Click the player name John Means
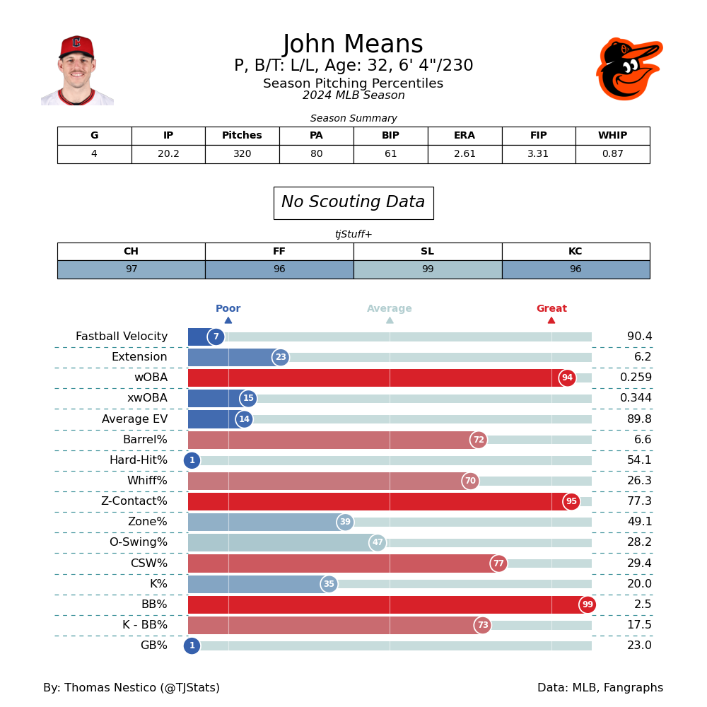[x=353, y=45]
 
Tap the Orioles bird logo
[x=629, y=69]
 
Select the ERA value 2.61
[x=464, y=154]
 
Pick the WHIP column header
[x=612, y=136]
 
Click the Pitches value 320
[x=242, y=154]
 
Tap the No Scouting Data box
[x=353, y=203]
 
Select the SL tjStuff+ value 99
[x=427, y=269]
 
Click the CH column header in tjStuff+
[x=131, y=252]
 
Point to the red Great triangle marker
[x=551, y=320]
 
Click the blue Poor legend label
[x=228, y=309]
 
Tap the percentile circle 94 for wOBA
[x=567, y=378]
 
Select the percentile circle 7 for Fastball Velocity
[x=216, y=337]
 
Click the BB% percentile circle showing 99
[x=588, y=605]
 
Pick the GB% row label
[x=154, y=645]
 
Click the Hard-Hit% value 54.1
[x=639, y=460]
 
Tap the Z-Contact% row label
[x=134, y=501]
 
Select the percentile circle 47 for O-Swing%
[x=378, y=543]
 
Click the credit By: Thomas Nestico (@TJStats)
[x=132, y=688]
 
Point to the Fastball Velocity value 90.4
[x=639, y=337]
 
